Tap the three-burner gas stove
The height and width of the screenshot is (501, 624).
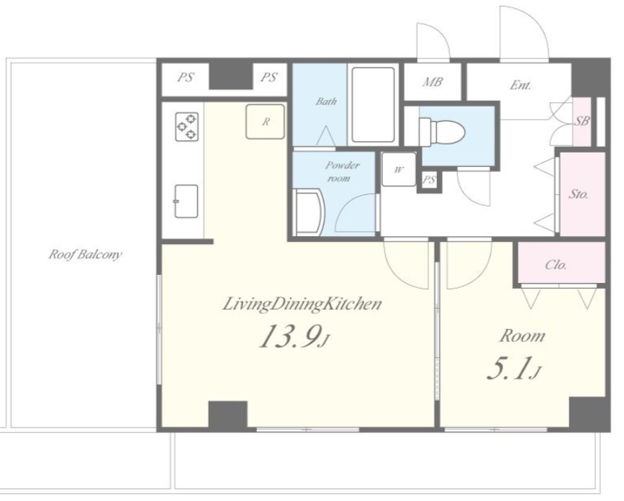(186, 127)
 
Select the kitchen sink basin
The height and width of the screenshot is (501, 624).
(186, 201)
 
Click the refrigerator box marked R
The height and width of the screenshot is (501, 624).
(266, 122)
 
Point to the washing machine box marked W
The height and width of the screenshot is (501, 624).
(399, 169)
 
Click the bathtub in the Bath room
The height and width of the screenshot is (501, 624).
(373, 104)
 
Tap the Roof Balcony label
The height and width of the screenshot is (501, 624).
(85, 254)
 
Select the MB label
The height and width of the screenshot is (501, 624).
(433, 82)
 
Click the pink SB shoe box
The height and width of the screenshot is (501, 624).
(582, 122)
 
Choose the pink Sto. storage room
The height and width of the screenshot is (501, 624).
(582, 194)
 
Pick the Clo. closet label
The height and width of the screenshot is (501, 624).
(556, 265)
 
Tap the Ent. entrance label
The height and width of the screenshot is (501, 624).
(520, 85)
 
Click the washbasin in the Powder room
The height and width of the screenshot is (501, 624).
(309, 212)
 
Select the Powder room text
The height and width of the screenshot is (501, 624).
(342, 171)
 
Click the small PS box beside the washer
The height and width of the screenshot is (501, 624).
(429, 180)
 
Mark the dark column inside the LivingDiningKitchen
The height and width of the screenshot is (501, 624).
(228, 415)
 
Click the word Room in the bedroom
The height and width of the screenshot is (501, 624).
(522, 336)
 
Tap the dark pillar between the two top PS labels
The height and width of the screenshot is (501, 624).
(231, 76)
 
